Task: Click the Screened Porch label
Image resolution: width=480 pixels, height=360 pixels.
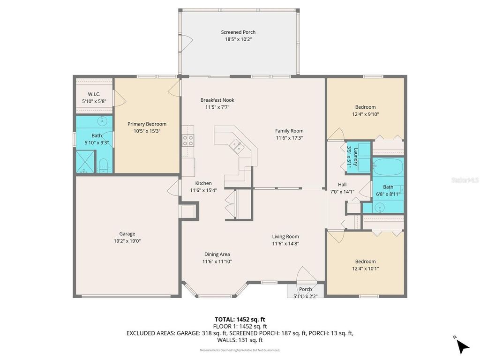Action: (x=238, y=32)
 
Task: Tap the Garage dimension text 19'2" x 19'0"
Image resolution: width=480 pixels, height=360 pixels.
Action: (x=127, y=241)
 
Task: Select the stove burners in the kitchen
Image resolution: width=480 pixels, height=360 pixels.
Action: (x=188, y=140)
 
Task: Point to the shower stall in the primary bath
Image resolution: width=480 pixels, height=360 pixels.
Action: (x=85, y=162)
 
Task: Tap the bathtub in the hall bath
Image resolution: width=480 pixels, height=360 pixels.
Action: (x=388, y=166)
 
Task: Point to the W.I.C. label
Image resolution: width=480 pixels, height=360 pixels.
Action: (x=94, y=94)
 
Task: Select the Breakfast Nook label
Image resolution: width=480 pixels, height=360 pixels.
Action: (x=217, y=100)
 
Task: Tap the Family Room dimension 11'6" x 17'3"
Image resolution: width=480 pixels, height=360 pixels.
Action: (x=289, y=138)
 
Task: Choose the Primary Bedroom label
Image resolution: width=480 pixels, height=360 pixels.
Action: (x=147, y=124)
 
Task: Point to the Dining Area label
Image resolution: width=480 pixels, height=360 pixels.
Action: (x=217, y=255)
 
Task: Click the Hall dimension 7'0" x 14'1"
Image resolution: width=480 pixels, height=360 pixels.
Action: (x=342, y=191)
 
